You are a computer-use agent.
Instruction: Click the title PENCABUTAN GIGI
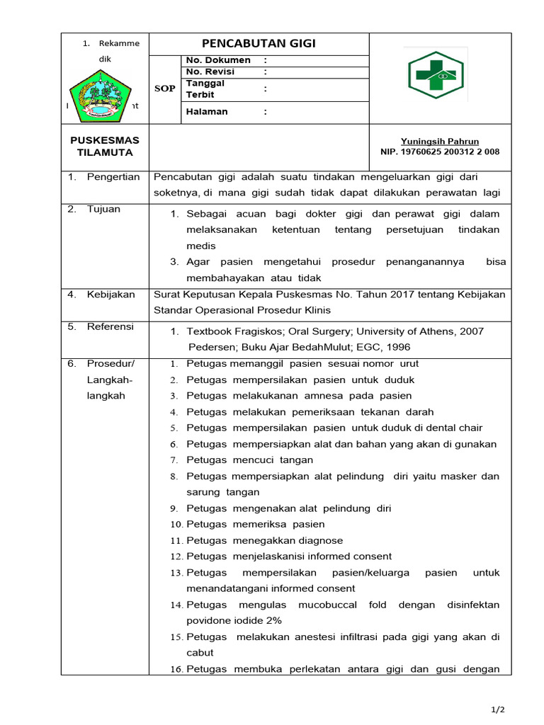259,43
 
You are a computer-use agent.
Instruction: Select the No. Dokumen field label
218,60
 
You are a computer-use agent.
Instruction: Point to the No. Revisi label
210,72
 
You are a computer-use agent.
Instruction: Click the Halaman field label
207,111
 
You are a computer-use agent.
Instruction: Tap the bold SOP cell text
165,89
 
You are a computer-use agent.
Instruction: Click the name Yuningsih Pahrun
440,142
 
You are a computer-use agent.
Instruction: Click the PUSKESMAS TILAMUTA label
105,147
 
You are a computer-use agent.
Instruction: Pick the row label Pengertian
113,177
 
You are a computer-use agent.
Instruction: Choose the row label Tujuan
103,209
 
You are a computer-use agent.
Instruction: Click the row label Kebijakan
110,295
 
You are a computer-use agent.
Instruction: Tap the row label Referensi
110,326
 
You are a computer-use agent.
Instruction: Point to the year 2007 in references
470,331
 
